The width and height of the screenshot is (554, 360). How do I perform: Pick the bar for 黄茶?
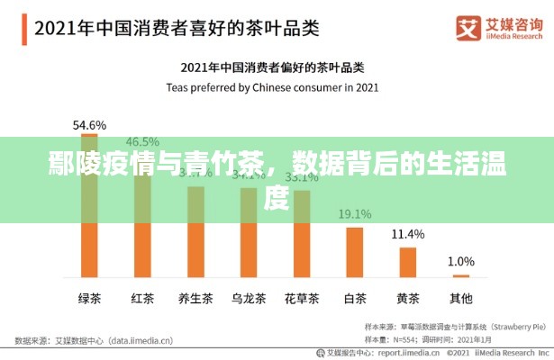click(x=407, y=262)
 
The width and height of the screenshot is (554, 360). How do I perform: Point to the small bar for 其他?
click(x=460, y=275)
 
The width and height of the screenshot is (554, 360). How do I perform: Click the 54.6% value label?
click(x=89, y=124)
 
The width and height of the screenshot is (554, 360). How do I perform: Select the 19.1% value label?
click(x=354, y=214)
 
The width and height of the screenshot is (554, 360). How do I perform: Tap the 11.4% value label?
click(x=407, y=234)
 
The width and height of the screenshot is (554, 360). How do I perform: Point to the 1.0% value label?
click(x=460, y=261)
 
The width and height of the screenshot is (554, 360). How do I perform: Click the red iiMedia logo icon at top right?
click(x=468, y=26)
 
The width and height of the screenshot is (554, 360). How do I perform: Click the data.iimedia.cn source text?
click(x=144, y=341)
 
